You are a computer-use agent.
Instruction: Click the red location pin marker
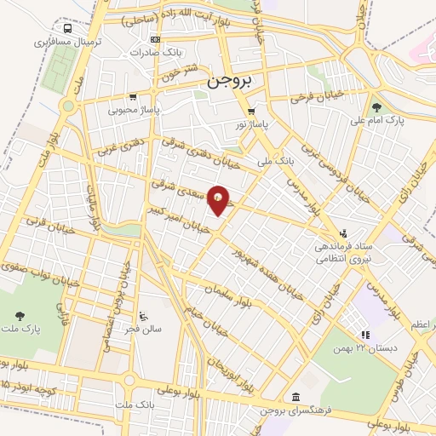click(x=219, y=200)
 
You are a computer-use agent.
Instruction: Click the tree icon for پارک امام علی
click(x=376, y=107)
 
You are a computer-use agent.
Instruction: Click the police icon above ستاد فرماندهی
click(x=343, y=232)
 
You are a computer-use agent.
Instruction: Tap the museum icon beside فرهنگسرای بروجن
click(x=295, y=398)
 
